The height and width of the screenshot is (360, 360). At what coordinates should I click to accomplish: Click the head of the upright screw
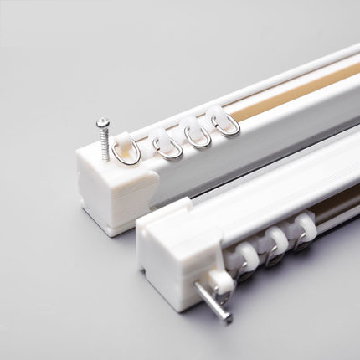pos(102,123)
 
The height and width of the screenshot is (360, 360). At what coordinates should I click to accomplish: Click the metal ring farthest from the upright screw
pos(226,126)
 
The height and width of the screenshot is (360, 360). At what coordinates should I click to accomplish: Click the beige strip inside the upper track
pos(276,100)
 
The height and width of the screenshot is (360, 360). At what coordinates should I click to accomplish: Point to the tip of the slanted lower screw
pos(228,319)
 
